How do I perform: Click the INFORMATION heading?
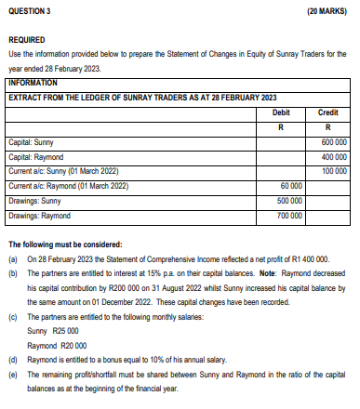click(x=33, y=83)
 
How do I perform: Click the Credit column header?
click(x=328, y=111)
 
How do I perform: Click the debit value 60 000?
click(x=291, y=186)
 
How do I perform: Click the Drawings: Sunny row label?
click(x=33, y=201)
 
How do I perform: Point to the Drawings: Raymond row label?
click(x=39, y=216)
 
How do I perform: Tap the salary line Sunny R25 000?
click(x=53, y=331)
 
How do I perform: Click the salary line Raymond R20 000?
click(x=58, y=344)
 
